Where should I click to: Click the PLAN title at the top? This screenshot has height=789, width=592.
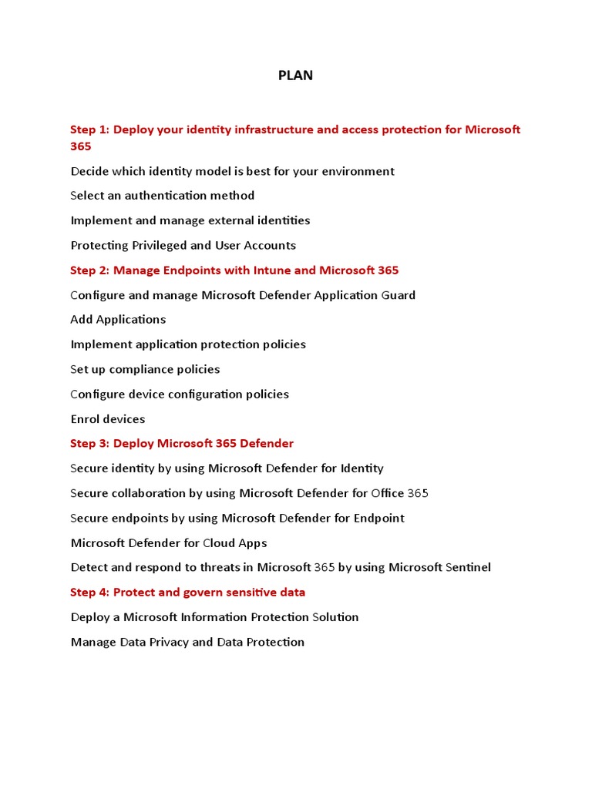296,76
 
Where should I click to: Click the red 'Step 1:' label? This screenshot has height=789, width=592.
90,129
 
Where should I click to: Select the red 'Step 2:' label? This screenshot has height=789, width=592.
90,270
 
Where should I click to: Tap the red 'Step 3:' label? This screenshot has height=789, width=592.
90,444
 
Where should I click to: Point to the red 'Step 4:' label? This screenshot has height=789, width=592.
90,593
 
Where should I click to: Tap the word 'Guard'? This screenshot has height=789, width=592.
396,295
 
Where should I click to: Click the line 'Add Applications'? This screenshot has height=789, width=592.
118,320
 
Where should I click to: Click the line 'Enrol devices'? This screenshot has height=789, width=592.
108,419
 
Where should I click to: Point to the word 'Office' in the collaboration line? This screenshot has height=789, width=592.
388,493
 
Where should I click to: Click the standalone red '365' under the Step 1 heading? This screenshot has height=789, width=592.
81,146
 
